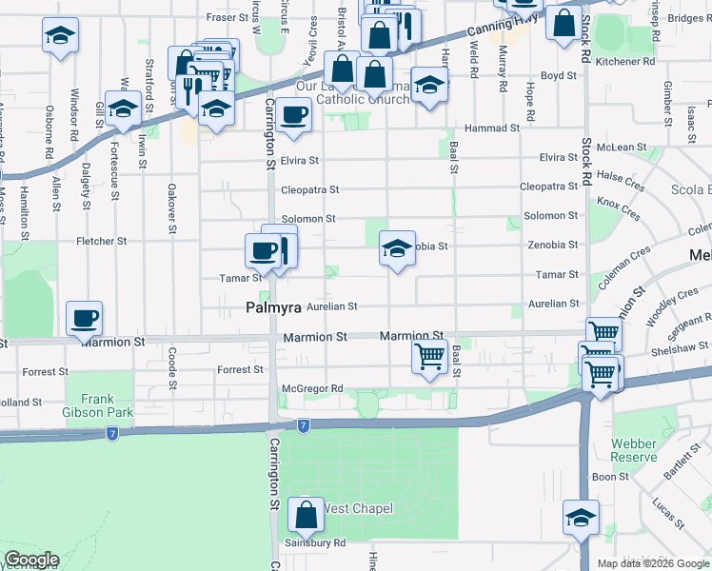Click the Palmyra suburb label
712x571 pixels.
274,308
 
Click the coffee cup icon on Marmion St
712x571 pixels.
84,319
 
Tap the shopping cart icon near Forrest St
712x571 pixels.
429,357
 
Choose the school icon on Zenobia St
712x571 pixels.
397,248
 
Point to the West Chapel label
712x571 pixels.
358,509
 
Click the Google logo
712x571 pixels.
31,560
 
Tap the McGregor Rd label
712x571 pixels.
311,389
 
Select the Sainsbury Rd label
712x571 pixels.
313,543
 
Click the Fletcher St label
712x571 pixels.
102,242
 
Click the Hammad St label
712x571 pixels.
491,128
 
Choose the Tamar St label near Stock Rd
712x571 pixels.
558,274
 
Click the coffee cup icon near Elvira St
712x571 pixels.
293,115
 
